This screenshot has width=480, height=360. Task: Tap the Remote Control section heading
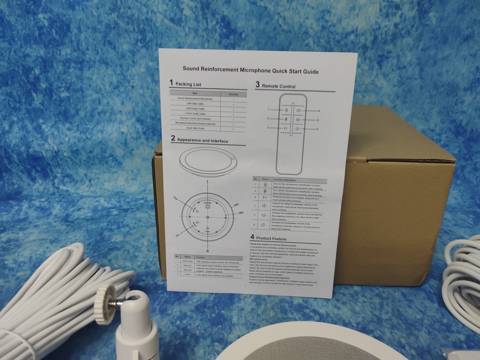278,86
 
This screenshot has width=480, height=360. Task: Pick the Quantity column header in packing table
234,95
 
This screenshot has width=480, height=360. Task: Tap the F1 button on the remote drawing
285,128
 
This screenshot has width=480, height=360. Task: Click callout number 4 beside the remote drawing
318,111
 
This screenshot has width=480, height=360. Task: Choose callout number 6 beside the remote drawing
317,129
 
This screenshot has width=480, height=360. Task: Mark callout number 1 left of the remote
269,109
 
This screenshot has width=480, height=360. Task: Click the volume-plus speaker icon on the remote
298,120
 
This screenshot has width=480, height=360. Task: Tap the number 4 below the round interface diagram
207,251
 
